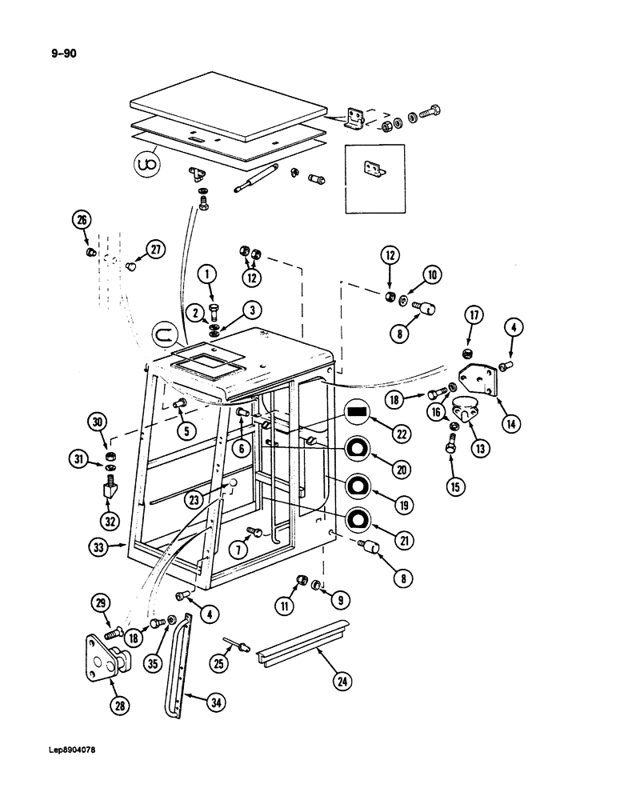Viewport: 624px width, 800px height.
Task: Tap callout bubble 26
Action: pos(82,221)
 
